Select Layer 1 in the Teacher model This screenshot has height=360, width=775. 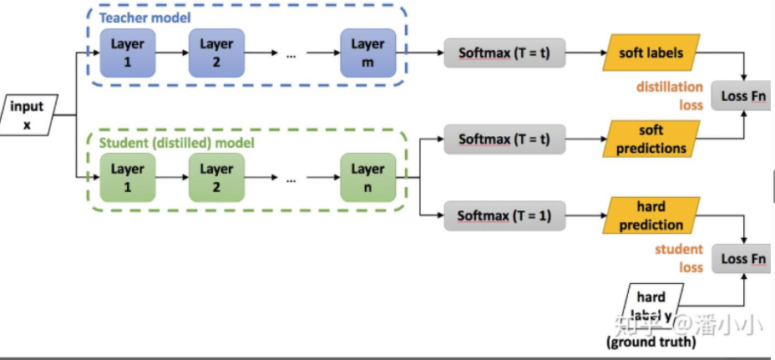pos(128,52)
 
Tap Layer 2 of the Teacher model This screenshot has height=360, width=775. pos(215,52)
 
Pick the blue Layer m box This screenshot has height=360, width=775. pos(367,52)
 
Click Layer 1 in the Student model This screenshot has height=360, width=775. pos(128,178)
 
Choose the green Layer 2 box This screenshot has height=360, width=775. pos(215,178)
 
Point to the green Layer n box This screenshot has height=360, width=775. pos(367,178)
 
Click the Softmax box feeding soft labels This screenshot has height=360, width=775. pos(504,53)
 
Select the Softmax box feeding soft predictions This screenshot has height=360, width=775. pos(504,138)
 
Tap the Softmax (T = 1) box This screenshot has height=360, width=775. pos(504,216)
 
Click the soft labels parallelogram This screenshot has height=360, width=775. pos(651,53)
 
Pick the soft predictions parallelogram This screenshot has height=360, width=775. pos(651,139)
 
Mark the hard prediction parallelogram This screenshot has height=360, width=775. pos(651,216)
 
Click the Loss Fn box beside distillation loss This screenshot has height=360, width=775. pos(743,98)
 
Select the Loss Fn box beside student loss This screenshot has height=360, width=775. pos(743,259)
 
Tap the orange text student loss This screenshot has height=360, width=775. pos(678,258)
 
